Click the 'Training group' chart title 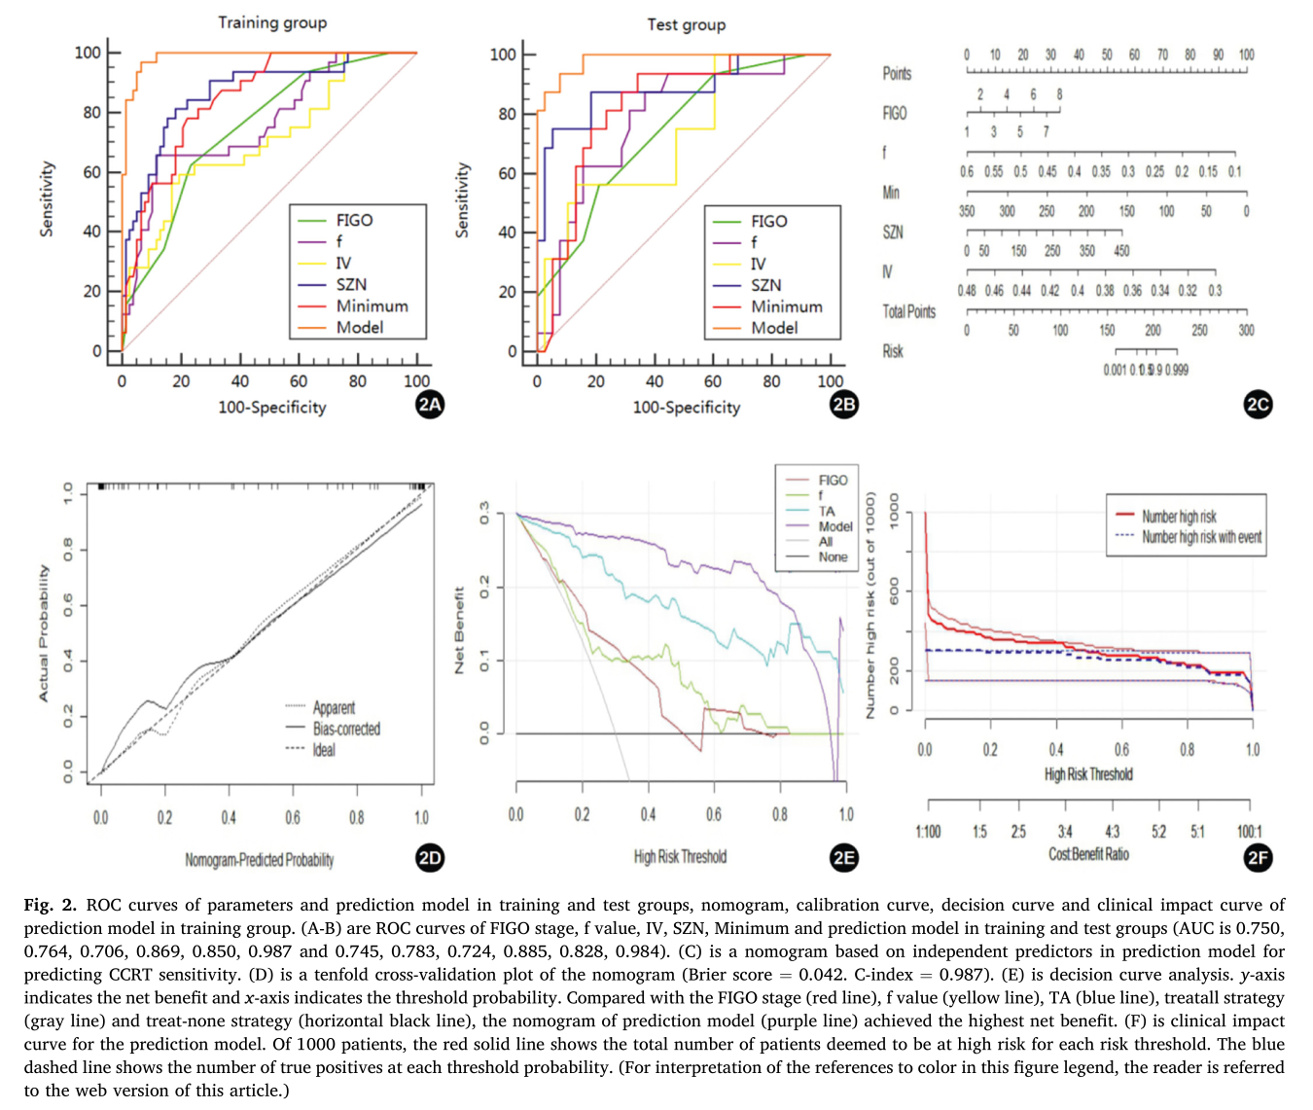pos(272,22)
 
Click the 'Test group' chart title pos(687,24)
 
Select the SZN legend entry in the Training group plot pos(351,284)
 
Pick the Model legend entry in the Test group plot pos(773,328)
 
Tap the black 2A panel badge pos(430,405)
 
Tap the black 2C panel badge pos(1259,405)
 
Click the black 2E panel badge pos(844,857)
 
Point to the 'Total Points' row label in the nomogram pos(908,311)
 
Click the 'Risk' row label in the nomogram pos(893,351)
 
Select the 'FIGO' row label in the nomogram pos(895,113)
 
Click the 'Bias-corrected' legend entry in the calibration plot pos(345,729)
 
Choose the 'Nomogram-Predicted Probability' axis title pos(260,860)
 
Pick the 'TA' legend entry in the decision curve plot pos(827,511)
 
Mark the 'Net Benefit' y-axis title pos(459,630)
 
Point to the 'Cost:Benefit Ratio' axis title pos(1088,854)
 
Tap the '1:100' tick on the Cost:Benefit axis pos(928,832)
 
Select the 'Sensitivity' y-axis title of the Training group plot pos(46,199)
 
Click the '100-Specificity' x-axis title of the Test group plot pos(687,408)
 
